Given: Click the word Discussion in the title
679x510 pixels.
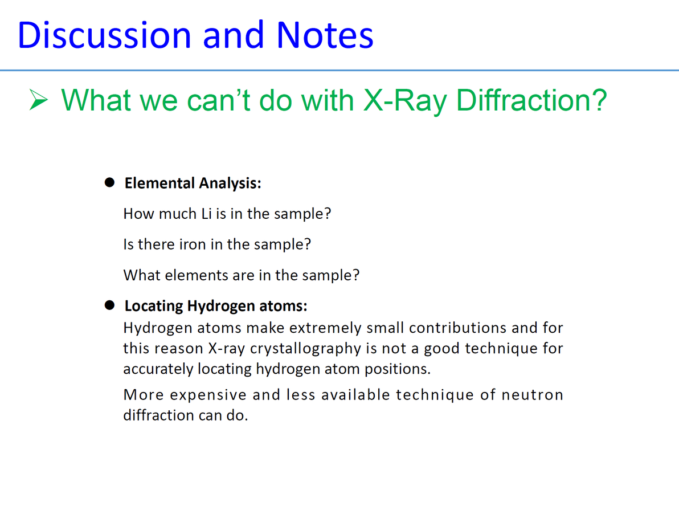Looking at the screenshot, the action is (104, 35).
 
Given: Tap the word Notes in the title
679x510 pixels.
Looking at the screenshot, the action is (325, 35).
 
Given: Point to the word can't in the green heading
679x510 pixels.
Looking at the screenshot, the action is (219, 100).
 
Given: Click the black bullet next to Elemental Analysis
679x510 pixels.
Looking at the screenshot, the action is (109, 182).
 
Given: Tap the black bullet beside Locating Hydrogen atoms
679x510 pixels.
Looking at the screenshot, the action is (109, 305).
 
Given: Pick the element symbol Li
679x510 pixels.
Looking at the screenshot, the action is (207, 214).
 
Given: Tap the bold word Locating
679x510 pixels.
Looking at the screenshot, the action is (154, 307).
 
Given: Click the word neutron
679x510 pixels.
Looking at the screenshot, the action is (532, 395).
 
